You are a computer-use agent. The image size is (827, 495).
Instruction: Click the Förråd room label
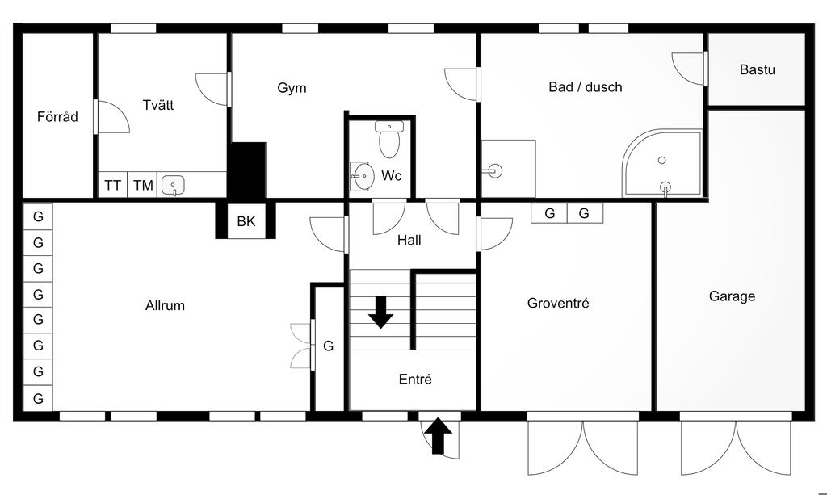57,117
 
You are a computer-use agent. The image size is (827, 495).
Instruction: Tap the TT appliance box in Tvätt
112,186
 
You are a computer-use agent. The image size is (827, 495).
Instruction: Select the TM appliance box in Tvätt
143,186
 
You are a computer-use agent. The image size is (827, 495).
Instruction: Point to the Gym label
292,88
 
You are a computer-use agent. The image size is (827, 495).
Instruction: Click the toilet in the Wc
388,141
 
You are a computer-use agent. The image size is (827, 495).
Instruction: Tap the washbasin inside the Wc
361,174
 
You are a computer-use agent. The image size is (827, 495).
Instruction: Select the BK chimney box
246,220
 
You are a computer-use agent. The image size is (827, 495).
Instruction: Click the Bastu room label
757,69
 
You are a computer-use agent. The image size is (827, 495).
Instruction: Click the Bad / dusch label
585,87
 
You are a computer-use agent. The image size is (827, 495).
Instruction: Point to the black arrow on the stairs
380,312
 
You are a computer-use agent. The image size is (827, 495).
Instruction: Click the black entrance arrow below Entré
438,436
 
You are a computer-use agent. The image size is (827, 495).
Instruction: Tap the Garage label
732,296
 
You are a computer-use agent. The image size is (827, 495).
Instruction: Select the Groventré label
557,304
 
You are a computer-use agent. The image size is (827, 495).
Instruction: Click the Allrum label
165,305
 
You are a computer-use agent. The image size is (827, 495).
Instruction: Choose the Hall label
409,240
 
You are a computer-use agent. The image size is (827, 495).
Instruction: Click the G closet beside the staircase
328,346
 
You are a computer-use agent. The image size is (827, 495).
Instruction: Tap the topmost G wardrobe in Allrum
38,216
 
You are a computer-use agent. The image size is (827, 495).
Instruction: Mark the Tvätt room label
157,105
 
